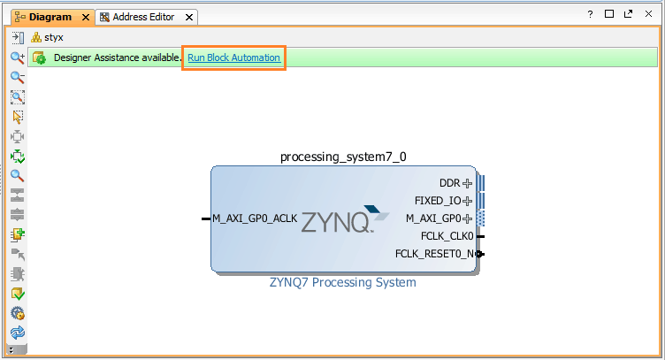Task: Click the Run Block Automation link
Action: click(233, 57)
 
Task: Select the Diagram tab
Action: click(50, 17)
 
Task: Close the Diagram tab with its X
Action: click(85, 17)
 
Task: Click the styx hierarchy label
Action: click(54, 37)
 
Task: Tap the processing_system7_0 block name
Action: click(343, 157)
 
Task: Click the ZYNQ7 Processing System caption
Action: click(343, 283)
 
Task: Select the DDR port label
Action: click(450, 183)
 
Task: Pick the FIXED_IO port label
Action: click(438, 201)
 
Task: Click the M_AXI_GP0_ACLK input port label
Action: click(255, 218)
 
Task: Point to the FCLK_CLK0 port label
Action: click(447, 236)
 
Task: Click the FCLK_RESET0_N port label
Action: click(434, 255)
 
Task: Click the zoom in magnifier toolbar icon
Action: click(17, 57)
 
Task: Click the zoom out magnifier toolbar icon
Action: click(17, 77)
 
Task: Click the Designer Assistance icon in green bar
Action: click(40, 57)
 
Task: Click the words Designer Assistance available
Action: click(117, 57)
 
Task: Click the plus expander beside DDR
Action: click(468, 183)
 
